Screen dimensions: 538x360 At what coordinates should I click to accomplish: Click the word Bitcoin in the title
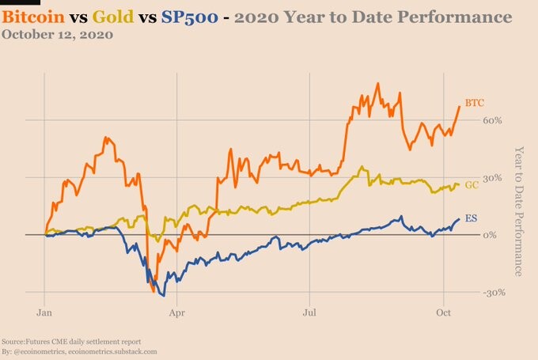click(33, 17)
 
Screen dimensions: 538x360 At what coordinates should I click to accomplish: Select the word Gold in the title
click(113, 17)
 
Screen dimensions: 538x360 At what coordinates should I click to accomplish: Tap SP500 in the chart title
click(189, 17)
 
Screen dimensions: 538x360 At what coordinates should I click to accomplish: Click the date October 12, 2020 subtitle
click(57, 34)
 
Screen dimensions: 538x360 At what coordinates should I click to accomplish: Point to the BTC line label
click(475, 103)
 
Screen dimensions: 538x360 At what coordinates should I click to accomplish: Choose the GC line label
click(472, 185)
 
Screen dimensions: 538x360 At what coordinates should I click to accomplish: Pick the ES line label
click(471, 218)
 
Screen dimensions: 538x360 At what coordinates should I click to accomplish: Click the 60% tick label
click(492, 120)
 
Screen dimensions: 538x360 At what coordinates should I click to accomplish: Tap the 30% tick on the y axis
click(492, 178)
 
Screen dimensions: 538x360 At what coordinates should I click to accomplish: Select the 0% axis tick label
click(490, 235)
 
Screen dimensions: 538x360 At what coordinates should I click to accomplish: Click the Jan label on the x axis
click(44, 313)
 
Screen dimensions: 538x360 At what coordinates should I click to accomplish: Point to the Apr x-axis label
click(176, 313)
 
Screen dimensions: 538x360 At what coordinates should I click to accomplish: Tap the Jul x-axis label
click(309, 313)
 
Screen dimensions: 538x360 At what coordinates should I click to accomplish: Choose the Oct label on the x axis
click(444, 313)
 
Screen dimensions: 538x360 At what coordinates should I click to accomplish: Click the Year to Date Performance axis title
click(519, 211)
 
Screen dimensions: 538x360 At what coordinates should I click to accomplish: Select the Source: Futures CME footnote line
click(71, 342)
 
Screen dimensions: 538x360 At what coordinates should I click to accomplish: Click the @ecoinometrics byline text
click(79, 352)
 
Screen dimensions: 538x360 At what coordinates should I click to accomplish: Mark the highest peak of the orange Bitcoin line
click(377, 83)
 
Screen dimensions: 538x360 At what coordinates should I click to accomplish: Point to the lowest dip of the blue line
click(164, 295)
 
